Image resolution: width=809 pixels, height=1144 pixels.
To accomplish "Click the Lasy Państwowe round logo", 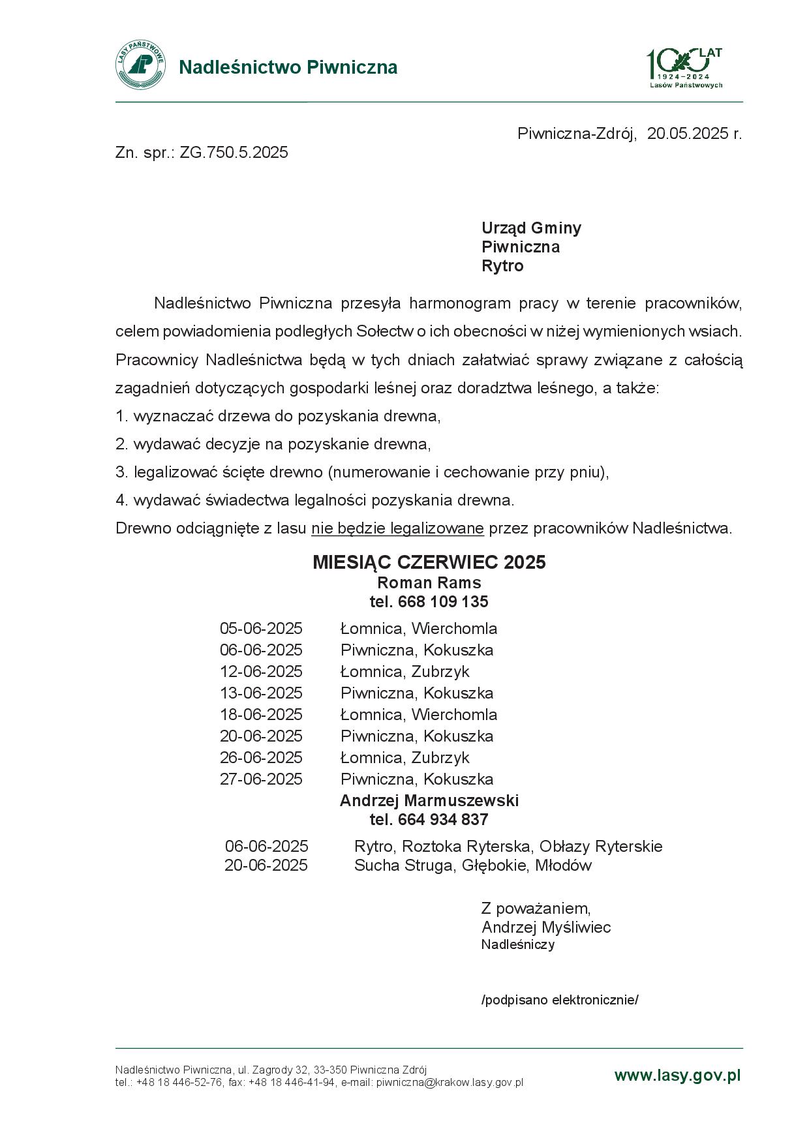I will click(140, 65).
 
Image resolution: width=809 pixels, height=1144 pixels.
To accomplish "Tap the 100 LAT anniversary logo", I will click(685, 67).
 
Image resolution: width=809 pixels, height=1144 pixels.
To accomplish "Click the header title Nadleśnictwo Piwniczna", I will click(288, 67).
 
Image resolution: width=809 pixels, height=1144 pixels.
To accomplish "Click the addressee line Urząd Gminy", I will click(531, 228).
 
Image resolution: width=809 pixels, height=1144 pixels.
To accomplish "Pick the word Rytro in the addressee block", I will click(502, 265).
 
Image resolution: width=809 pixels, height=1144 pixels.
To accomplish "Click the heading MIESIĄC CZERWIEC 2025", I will click(429, 562).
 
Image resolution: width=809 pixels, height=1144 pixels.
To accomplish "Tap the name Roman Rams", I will click(429, 582).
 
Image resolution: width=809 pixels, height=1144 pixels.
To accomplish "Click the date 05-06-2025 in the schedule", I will click(261, 628).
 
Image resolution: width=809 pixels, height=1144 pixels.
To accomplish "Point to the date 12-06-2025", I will click(261, 671).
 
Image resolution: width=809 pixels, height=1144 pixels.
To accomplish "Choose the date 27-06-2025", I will click(261, 779).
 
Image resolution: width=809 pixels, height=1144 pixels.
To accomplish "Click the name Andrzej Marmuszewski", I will click(429, 800).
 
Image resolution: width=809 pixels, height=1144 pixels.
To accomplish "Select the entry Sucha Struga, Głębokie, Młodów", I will click(472, 866).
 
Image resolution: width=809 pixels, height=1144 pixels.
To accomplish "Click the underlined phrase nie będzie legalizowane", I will click(397, 528).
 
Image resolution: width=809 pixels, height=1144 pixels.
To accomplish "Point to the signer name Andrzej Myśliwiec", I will click(546, 927).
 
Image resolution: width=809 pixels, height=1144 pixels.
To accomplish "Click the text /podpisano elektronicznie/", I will click(559, 1000).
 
